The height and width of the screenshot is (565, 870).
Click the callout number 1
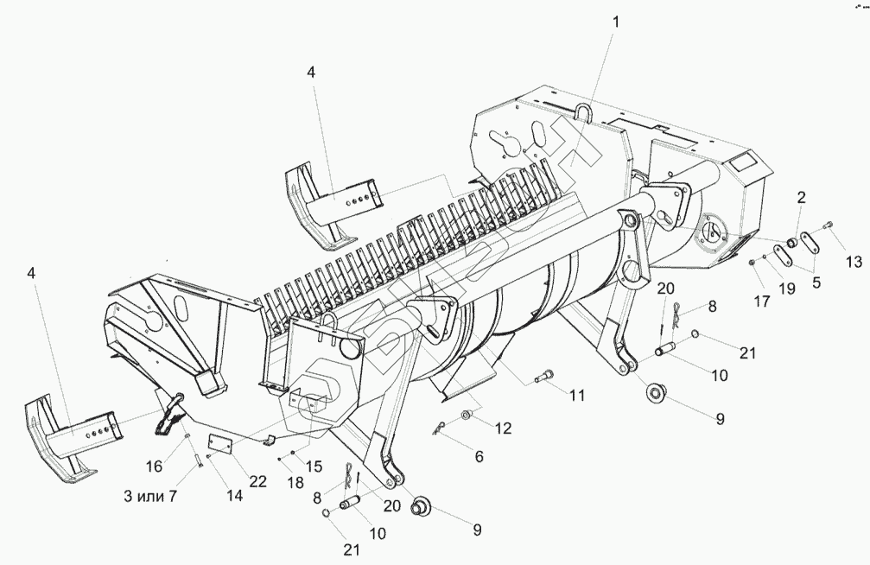click(615, 20)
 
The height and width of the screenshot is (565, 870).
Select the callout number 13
click(854, 262)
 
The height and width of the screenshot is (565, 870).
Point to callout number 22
click(258, 481)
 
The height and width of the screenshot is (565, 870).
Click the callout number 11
click(577, 395)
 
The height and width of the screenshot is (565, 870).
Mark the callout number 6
click(478, 455)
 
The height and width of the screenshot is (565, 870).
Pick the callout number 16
click(153, 467)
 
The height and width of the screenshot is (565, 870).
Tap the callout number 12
click(503, 426)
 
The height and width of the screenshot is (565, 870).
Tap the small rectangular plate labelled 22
click(223, 444)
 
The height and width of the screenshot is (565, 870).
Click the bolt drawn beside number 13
click(829, 225)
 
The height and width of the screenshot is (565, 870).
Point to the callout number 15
click(314, 467)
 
